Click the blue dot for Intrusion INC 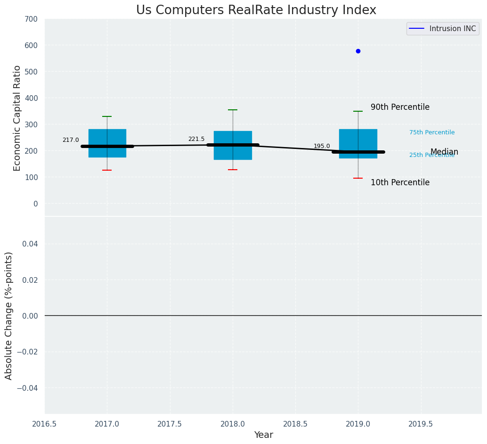[358, 51]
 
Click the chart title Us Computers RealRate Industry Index [256, 10]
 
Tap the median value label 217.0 [71, 140]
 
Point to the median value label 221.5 [196, 139]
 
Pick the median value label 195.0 [322, 146]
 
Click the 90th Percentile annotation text [400, 107]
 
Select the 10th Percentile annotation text [400, 183]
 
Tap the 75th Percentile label [432, 133]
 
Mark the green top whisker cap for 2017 [107, 116]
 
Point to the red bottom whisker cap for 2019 [358, 178]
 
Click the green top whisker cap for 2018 [233, 110]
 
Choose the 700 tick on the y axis [31, 19]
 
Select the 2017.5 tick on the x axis [170, 424]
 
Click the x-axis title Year [263, 435]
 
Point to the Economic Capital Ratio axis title [17, 118]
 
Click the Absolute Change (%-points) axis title [9, 315]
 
